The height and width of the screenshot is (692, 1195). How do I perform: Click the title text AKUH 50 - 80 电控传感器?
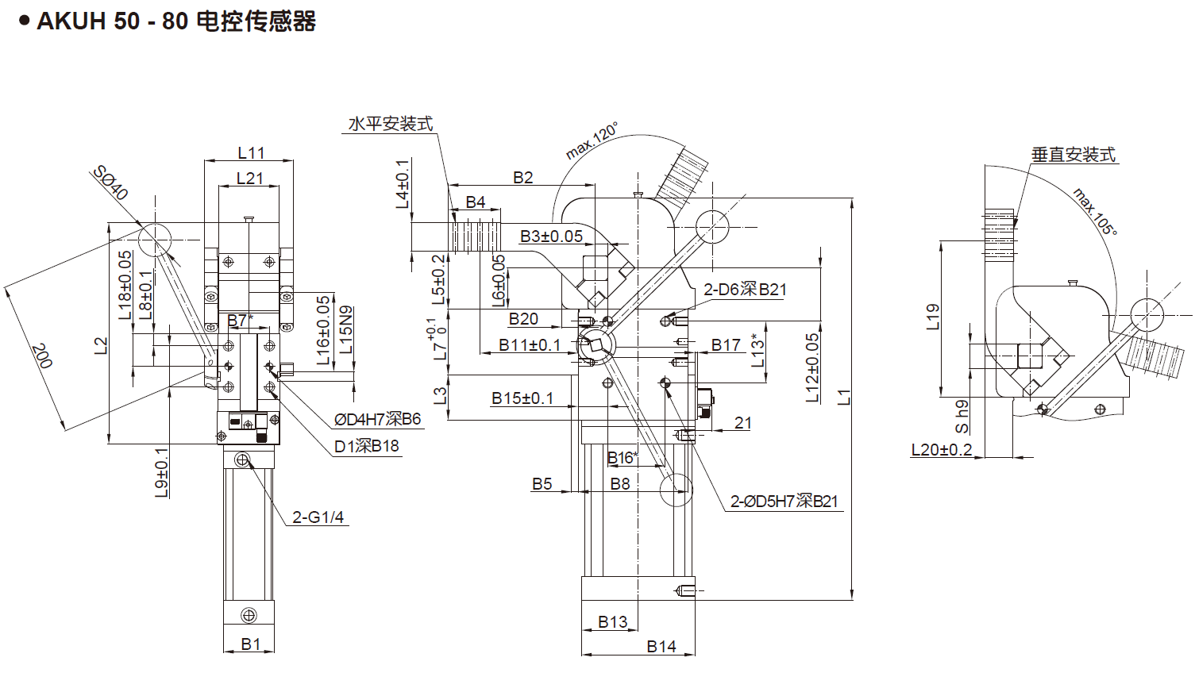point(176,21)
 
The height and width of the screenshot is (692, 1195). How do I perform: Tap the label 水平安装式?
point(391,124)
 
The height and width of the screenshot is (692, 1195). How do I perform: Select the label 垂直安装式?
point(1074,155)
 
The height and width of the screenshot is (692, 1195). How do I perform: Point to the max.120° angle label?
point(592,141)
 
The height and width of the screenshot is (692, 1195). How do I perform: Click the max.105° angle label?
point(1095,211)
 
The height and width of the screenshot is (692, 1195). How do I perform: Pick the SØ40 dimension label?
point(110,183)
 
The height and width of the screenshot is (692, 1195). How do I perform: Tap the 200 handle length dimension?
point(41,356)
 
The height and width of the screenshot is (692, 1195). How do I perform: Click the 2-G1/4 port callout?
point(318,517)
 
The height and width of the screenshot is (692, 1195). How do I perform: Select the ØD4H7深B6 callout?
point(377,419)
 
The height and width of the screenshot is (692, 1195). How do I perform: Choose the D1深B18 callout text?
point(366,446)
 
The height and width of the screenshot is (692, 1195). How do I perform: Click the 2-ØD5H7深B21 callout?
point(784,502)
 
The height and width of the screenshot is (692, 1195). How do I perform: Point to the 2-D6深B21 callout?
point(745,290)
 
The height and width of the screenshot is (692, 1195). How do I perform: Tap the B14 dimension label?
point(661,647)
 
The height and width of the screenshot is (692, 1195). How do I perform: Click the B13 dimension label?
point(613,622)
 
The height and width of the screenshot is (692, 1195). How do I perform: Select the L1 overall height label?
point(844,397)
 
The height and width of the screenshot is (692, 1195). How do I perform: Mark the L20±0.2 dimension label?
point(942,450)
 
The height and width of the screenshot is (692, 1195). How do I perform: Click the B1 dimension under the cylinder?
point(251,644)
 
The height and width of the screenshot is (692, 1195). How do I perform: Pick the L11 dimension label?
point(251,152)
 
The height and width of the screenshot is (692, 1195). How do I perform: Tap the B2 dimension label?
point(522,178)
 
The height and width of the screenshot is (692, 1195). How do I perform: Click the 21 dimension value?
point(742,423)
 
